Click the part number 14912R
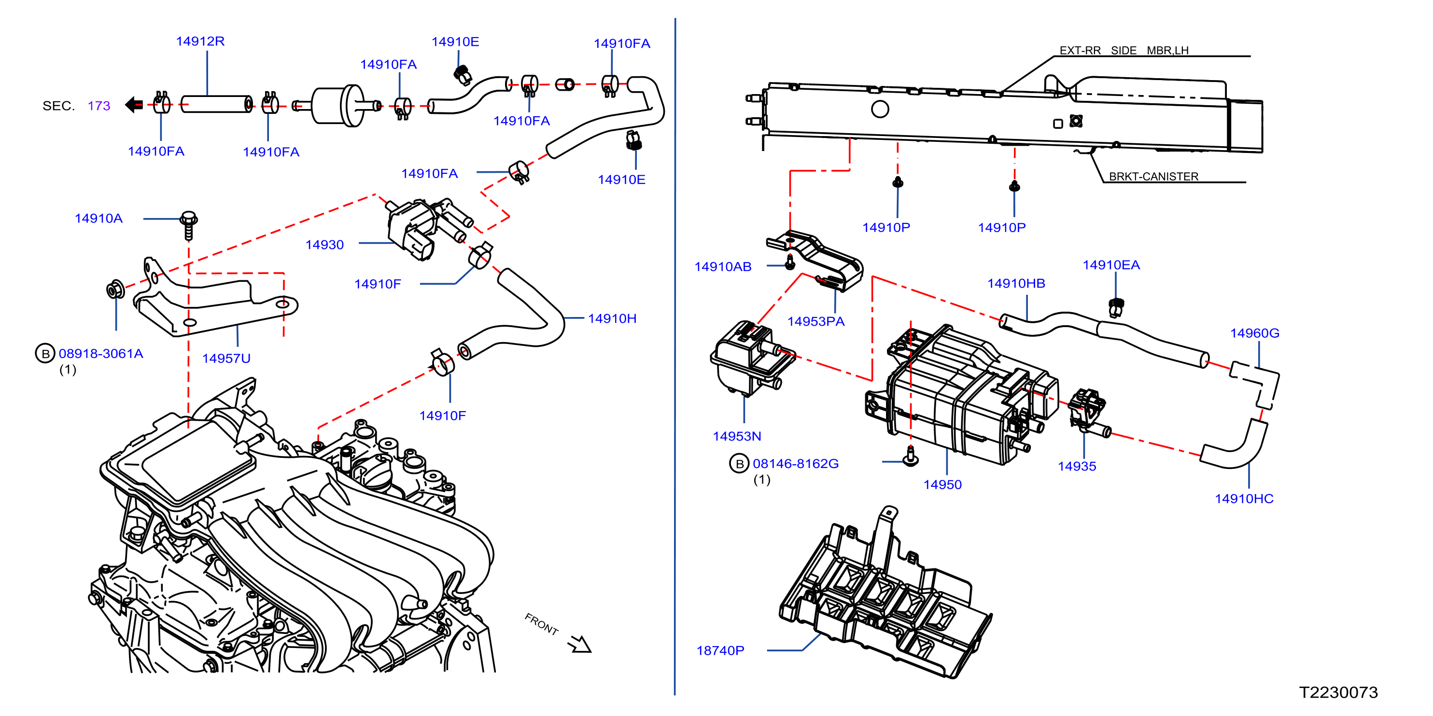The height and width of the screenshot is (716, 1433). (200, 41)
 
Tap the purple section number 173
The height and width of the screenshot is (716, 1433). (99, 106)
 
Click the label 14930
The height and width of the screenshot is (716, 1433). (324, 245)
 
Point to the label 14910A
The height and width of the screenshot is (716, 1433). (98, 219)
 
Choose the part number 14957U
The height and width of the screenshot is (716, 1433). (226, 358)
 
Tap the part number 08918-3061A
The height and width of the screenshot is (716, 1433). (101, 354)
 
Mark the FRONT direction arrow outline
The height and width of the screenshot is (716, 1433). (580, 644)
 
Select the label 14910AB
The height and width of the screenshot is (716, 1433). (723, 267)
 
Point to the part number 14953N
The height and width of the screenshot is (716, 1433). (737, 436)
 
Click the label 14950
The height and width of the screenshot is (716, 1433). (942, 485)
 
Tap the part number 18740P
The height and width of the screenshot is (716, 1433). (720, 650)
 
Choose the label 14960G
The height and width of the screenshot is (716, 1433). (1254, 333)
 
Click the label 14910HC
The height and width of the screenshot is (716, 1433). (1244, 499)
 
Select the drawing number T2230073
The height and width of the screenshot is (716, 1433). (1338, 692)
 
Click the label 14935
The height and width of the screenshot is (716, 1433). (1077, 467)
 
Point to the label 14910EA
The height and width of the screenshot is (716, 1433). (1111, 265)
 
